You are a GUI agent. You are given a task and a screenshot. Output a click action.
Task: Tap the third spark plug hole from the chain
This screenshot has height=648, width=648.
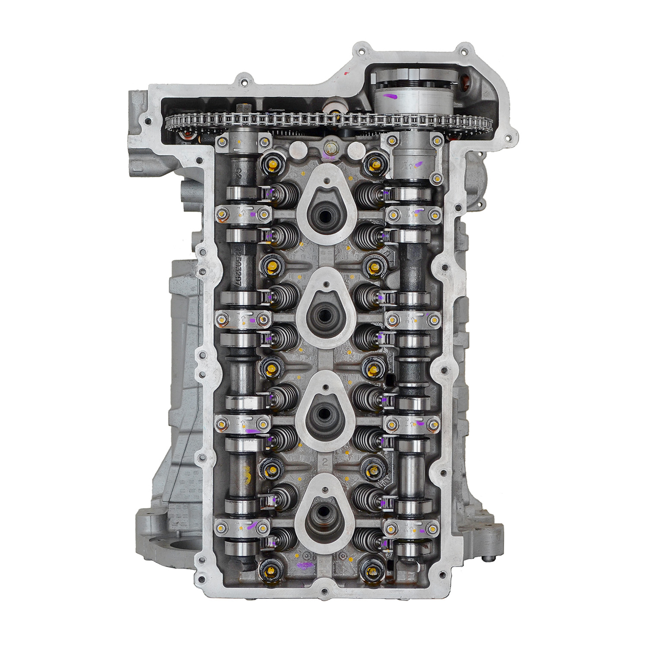(325, 412)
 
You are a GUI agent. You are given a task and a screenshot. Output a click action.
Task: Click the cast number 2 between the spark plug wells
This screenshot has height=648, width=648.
(325, 462)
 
